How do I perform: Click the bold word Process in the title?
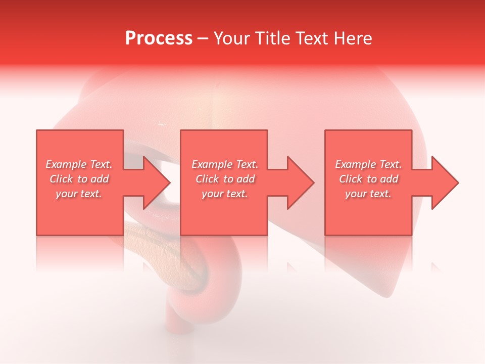(159, 38)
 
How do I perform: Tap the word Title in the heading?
(273, 38)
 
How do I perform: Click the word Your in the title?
(232, 38)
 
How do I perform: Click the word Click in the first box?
(61, 179)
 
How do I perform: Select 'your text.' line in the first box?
(79, 194)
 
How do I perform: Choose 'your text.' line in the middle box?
(224, 194)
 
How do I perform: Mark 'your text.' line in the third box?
(368, 194)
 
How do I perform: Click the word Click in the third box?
(351, 179)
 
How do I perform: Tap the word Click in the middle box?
(207, 179)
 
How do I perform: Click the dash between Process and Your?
(203, 38)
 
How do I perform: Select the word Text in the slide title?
(312, 38)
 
